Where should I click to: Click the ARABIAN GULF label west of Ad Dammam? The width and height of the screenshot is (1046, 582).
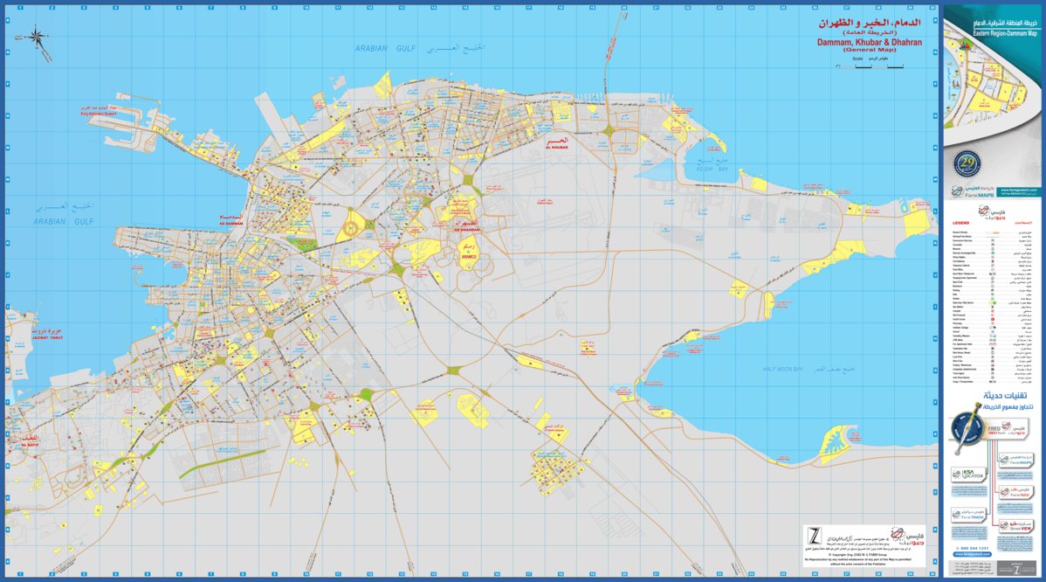64,222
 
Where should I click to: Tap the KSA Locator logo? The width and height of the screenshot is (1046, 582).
967,474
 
